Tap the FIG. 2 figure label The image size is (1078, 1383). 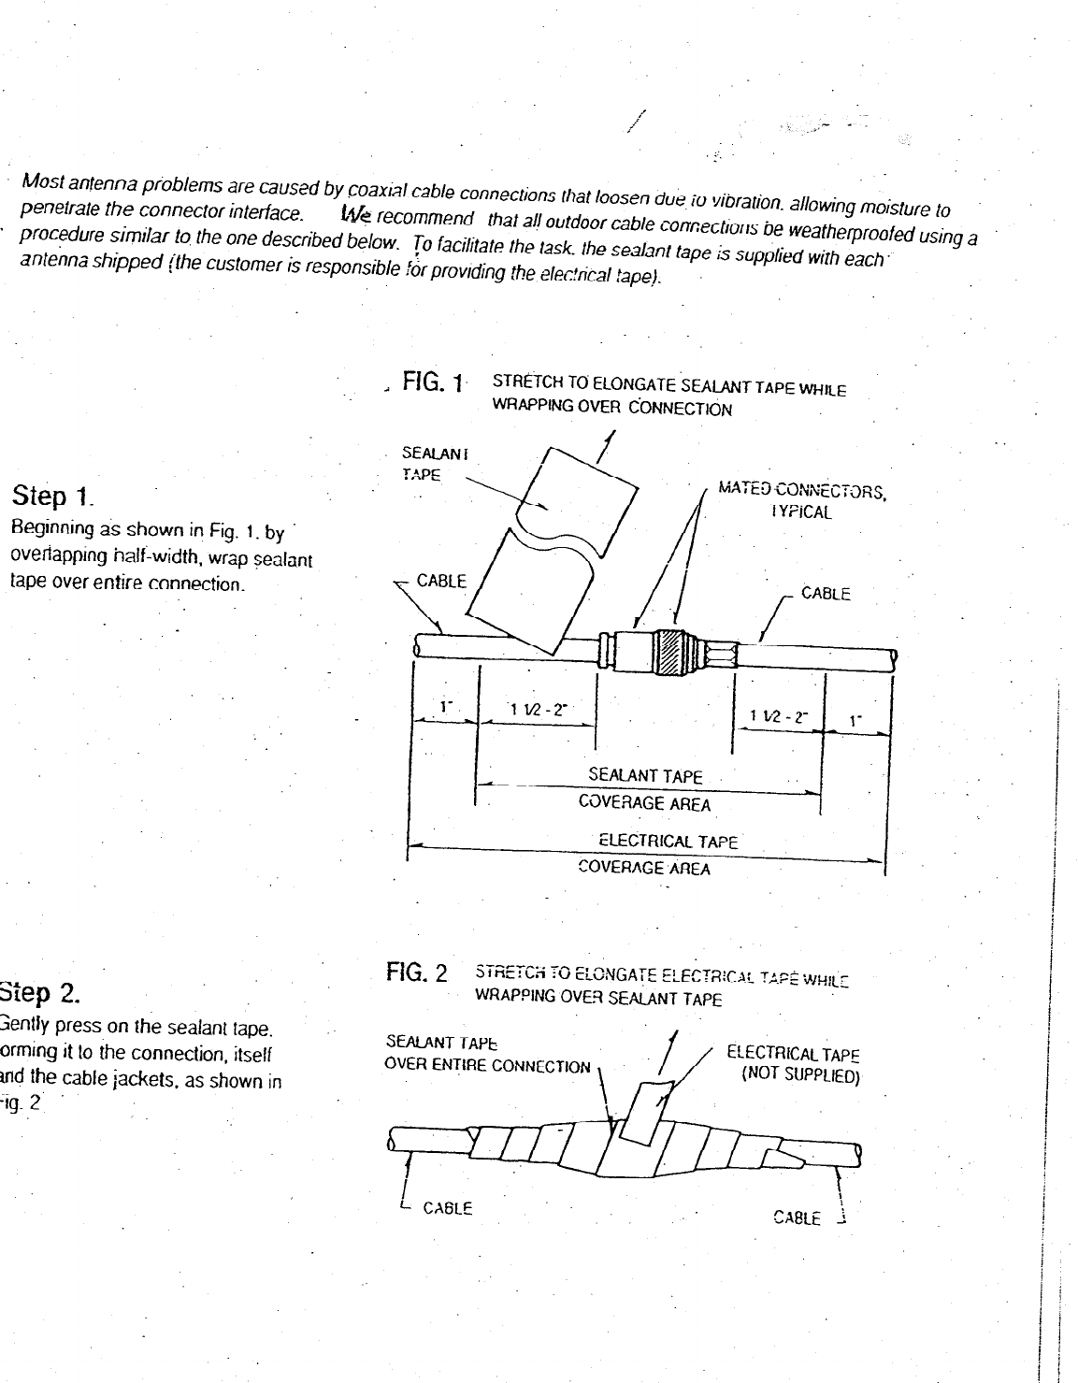pyautogui.click(x=417, y=972)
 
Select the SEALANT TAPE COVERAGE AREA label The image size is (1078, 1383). pyautogui.click(x=645, y=789)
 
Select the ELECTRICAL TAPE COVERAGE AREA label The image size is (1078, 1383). pyautogui.click(x=645, y=855)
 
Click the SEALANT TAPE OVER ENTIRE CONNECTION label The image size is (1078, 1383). pyautogui.click(x=488, y=1055)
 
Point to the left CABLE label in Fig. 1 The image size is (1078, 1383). pyautogui.click(x=441, y=581)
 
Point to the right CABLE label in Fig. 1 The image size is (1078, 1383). pyautogui.click(x=826, y=594)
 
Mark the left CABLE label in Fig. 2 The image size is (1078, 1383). pyautogui.click(x=448, y=1207)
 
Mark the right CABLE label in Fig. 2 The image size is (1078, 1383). pyautogui.click(x=797, y=1217)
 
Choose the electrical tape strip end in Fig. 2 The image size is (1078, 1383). pyautogui.click(x=645, y=1113)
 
